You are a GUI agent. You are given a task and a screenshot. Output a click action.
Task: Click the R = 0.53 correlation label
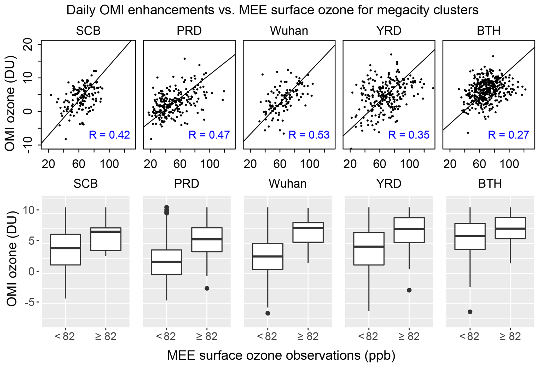[309, 135]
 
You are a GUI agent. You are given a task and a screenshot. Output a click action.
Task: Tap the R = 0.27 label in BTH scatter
[509, 135]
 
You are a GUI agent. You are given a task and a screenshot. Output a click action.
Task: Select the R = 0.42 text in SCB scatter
[109, 135]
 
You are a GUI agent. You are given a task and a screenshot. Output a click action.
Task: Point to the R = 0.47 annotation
[209, 135]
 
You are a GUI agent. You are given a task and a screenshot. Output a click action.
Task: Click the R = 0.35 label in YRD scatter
[409, 135]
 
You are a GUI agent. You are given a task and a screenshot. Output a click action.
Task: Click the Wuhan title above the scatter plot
[289, 31]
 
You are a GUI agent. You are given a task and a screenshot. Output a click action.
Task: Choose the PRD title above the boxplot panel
[187, 184]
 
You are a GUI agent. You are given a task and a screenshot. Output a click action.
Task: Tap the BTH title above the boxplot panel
[490, 184]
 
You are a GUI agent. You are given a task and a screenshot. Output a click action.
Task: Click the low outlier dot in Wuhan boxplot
[268, 313]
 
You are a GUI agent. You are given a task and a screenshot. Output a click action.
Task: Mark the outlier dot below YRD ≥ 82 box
[409, 290]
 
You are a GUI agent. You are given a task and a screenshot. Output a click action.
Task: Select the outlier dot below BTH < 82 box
[470, 312]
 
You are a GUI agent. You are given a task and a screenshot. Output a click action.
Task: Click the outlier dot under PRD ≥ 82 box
[207, 288]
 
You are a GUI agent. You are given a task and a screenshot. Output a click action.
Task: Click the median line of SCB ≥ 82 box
[106, 232]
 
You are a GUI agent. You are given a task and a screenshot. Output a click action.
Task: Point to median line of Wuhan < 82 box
[268, 256]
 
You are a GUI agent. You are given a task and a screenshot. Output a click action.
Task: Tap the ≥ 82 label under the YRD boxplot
[409, 337]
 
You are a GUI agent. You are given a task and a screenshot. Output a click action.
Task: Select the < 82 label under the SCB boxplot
[65, 337]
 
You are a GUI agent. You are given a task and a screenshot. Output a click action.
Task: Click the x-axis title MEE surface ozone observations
[281, 356]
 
